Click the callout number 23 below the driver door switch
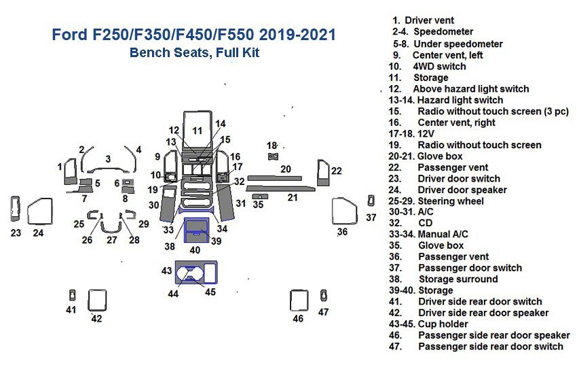16,233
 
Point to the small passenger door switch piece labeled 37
371,200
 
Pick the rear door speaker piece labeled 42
97,300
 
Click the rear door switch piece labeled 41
72,294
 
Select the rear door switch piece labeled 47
324,294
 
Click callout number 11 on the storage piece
197,130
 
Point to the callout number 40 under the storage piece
195,250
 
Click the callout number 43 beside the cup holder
167,271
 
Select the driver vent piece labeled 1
70,173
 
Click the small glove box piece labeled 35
259,196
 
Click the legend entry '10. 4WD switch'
427,66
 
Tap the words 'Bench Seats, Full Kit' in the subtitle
194,52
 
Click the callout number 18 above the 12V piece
272,146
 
